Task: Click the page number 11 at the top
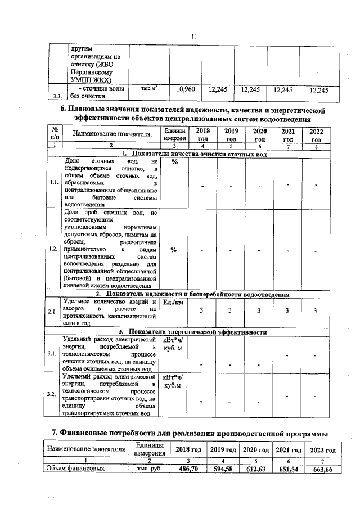click(x=193, y=37)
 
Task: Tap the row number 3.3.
click(x=57, y=96)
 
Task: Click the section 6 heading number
click(x=64, y=110)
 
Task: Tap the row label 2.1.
click(x=53, y=312)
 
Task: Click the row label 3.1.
click(x=53, y=354)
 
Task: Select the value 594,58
click(x=223, y=469)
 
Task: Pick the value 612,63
click(x=256, y=469)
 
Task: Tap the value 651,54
click(x=288, y=469)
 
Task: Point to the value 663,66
click(x=322, y=469)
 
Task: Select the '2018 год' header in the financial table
click(x=188, y=451)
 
